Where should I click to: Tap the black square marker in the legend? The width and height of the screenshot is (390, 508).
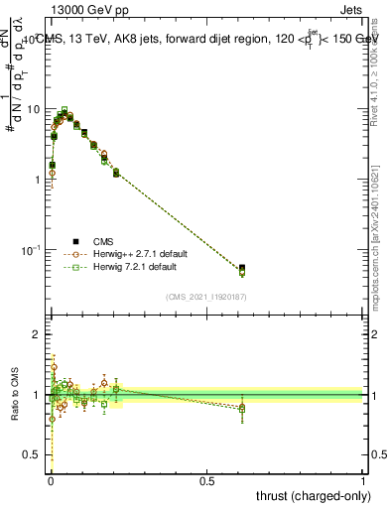coord(76,241)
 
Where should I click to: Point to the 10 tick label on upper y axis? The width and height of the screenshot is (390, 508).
coord(34,108)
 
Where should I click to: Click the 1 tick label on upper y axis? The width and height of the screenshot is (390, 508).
coord(38,179)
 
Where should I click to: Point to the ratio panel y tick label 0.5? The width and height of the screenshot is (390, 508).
coord(33,455)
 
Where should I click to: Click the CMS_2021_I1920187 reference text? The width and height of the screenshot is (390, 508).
coord(206,296)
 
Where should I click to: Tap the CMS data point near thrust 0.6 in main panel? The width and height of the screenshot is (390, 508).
coord(242,268)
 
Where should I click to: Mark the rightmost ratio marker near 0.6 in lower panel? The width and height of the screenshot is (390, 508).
coord(242,408)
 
